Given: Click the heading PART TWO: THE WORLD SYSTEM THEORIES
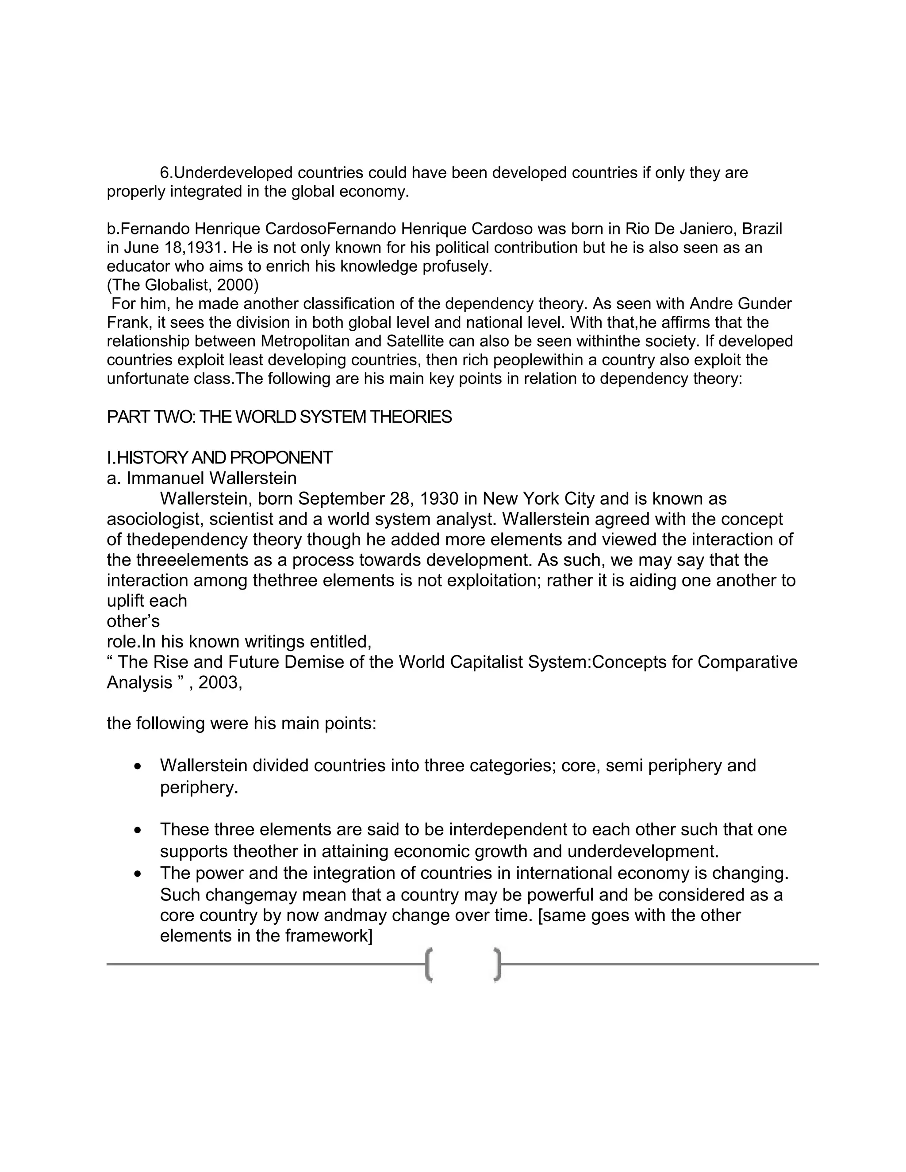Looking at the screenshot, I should click(279, 417).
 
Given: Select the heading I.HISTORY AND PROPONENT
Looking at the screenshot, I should click(219, 458).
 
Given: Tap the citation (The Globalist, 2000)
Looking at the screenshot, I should click(183, 285).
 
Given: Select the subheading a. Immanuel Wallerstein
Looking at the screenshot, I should click(201, 478).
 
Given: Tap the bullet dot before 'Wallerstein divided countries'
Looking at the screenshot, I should click(138, 767).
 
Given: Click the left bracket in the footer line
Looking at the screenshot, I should click(429, 965).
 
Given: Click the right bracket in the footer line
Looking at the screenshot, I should click(498, 965).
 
